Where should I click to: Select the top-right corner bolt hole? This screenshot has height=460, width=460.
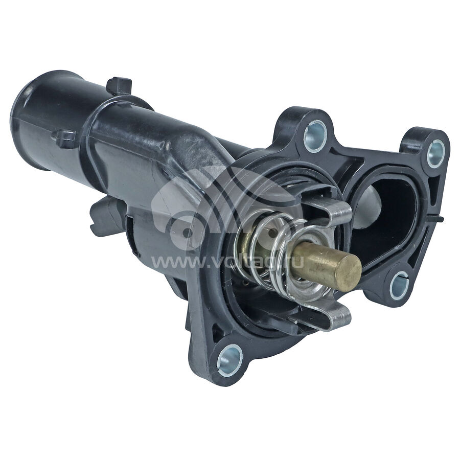click(436, 153)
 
